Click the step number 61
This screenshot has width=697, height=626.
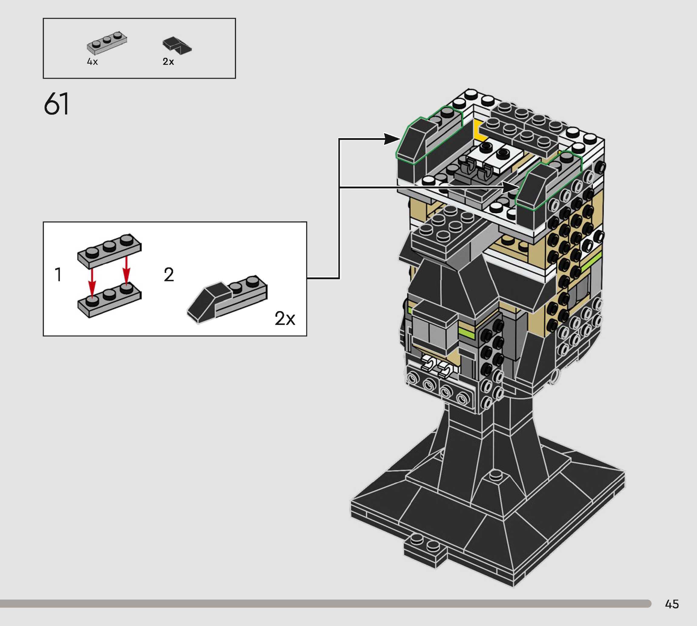click(x=56, y=104)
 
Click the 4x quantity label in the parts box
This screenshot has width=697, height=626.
click(x=92, y=62)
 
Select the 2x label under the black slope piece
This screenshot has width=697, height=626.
click(x=168, y=61)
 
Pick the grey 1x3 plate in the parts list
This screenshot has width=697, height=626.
click(x=107, y=42)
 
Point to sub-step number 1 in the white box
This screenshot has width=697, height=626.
click(x=58, y=274)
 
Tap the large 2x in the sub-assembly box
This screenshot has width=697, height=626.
click(x=284, y=319)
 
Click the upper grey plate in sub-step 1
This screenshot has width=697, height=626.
click(x=109, y=250)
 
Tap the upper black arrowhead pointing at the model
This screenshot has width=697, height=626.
click(x=392, y=139)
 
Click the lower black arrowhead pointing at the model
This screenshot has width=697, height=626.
click(x=510, y=188)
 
